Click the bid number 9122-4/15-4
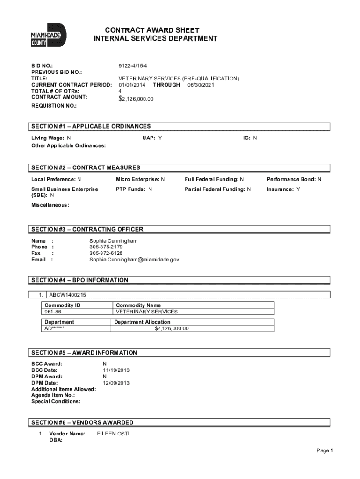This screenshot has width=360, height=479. [134, 65]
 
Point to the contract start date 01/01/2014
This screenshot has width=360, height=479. [132, 85]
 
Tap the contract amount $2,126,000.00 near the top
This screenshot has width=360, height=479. [136, 99]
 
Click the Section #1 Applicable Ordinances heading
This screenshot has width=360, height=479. [91, 126]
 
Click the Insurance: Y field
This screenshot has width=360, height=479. [283, 189]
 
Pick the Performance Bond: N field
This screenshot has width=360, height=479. [294, 179]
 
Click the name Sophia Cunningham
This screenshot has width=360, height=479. [114, 240]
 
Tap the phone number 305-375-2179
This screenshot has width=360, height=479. [106, 247]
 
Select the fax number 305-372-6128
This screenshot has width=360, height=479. [106, 253]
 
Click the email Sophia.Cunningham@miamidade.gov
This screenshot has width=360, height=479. [134, 259]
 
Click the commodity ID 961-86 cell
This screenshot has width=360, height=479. [53, 312]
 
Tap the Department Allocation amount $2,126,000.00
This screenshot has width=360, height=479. [172, 328]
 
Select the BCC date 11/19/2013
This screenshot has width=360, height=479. [116, 370]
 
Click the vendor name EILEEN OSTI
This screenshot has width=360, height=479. [113, 434]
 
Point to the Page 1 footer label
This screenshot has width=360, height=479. [324, 451]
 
